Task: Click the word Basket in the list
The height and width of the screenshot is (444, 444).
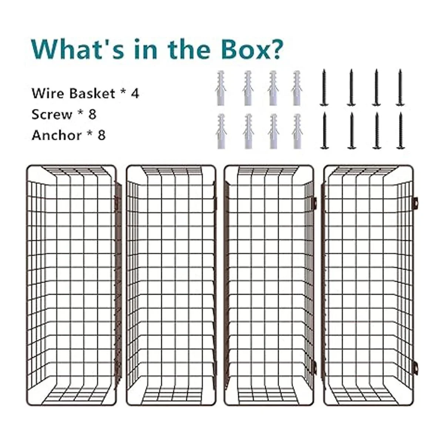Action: pyautogui.click(x=92, y=93)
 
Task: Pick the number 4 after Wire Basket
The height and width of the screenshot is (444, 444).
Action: pyautogui.click(x=135, y=94)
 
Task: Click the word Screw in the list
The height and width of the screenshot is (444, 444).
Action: pyautogui.click(x=52, y=114)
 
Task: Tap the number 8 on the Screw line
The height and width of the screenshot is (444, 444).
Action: pyautogui.click(x=92, y=114)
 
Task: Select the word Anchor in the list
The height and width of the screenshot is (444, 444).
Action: pyautogui.click(x=57, y=135)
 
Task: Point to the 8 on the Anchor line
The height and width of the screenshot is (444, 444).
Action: pyautogui.click(x=102, y=135)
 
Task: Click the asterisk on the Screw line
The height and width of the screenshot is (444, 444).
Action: pyautogui.click(x=81, y=113)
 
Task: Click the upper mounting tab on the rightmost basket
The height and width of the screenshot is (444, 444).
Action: pyautogui.click(x=416, y=203)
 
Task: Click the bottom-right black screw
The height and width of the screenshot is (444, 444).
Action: pyautogui.click(x=400, y=131)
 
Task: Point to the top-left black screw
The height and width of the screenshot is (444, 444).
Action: pyautogui.click(x=324, y=88)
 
